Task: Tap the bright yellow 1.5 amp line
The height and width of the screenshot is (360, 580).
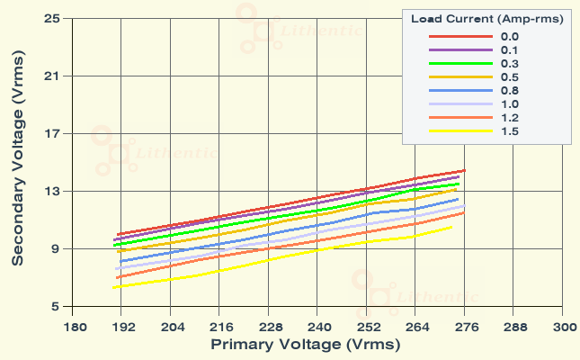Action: [270, 260]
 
